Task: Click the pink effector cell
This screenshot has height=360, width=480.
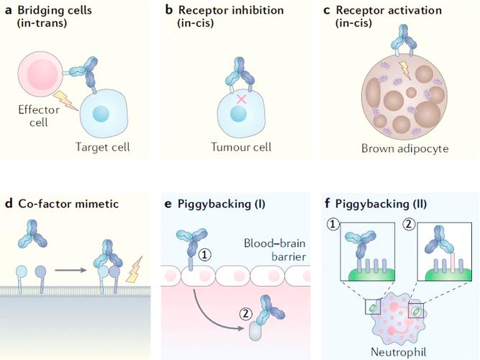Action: coord(40,74)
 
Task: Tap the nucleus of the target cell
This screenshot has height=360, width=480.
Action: coord(101,114)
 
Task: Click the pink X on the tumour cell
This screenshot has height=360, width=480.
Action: coord(242,99)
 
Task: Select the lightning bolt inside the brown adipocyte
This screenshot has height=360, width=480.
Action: coord(404,70)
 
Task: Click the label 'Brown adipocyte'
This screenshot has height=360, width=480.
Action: coord(404,148)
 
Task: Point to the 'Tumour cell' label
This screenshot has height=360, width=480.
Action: coord(241,147)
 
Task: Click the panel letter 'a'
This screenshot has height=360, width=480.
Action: coord(9,11)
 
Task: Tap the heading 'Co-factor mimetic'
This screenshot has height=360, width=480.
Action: coord(68,204)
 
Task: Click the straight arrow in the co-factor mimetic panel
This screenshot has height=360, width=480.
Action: coord(71,270)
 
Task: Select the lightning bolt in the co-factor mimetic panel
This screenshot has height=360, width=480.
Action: coord(135,269)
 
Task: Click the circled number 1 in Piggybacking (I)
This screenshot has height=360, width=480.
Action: coord(204,255)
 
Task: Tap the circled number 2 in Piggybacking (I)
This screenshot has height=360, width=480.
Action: coord(245,314)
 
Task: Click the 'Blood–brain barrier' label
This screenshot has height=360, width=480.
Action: coord(275,250)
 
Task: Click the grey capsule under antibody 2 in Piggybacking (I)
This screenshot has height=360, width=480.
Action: coord(255,331)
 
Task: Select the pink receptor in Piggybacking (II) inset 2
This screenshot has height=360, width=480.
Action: coord(453,262)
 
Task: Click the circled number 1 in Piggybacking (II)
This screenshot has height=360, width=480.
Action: coord(332,225)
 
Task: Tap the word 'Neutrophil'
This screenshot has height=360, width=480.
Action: coord(398,352)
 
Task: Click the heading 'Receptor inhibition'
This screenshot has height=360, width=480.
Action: coord(231,10)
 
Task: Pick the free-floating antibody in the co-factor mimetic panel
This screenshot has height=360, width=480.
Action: coord(32,233)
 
